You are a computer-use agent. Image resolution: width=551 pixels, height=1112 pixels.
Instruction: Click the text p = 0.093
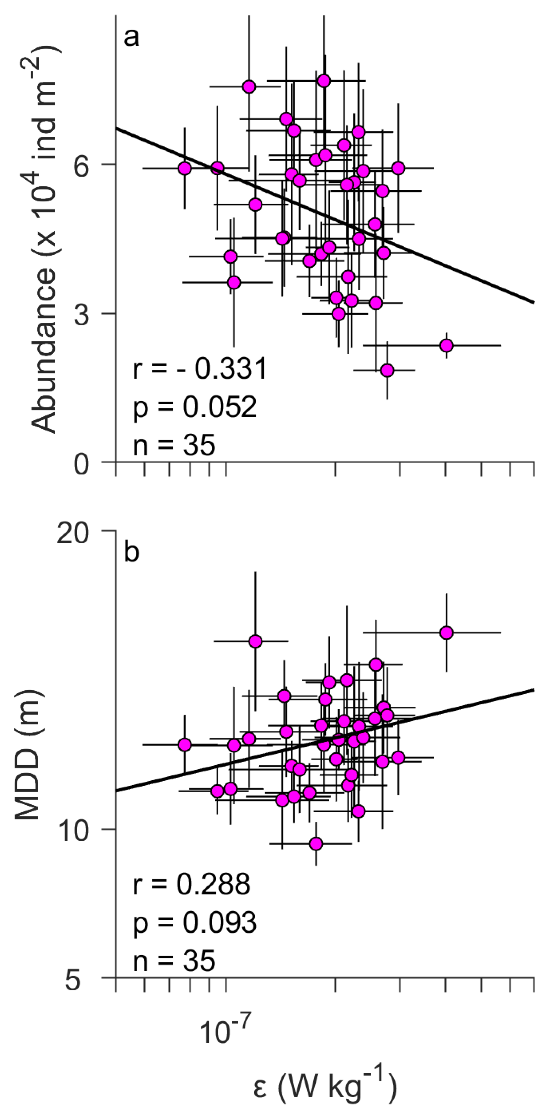click(195, 922)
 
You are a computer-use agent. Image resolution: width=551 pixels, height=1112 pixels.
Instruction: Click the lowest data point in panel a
click(387, 370)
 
